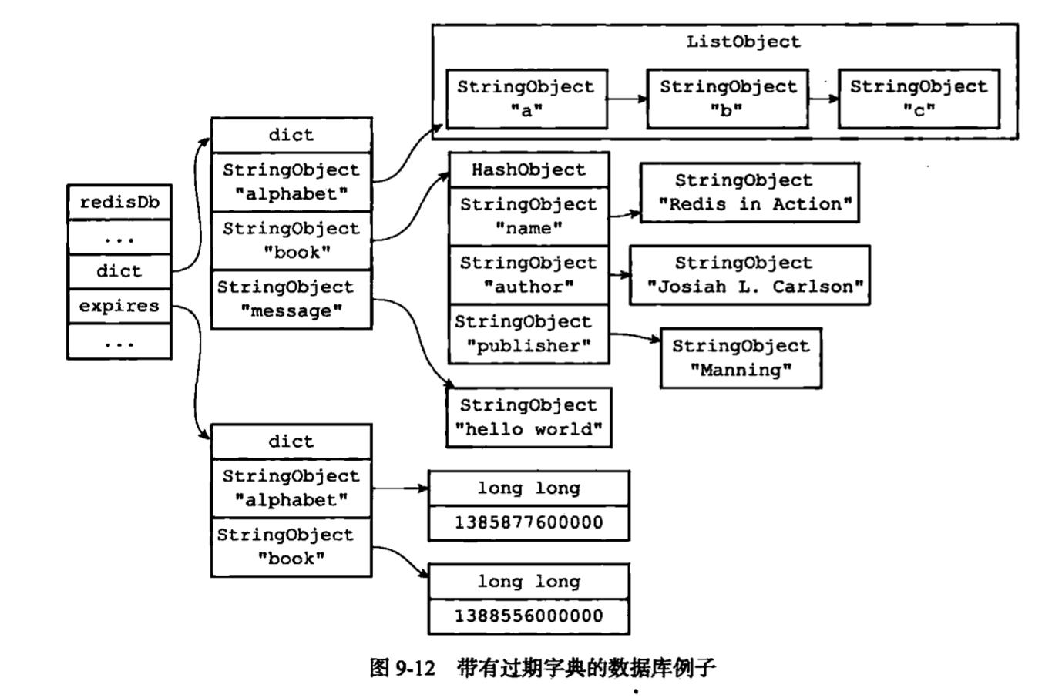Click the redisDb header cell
119,203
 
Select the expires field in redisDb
119,306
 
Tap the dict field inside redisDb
119,271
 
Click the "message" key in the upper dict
291,300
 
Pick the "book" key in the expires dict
291,547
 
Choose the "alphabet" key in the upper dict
291,182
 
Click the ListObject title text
743,42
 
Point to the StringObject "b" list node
728,99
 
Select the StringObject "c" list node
919,99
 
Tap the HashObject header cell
529,169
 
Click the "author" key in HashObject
529,275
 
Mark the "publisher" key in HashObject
529,334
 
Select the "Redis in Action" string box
749,193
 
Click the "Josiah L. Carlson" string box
749,275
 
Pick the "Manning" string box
741,358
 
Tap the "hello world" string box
529,418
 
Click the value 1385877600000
529,522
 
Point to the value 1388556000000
529,616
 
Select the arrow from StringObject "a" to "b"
627,99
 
